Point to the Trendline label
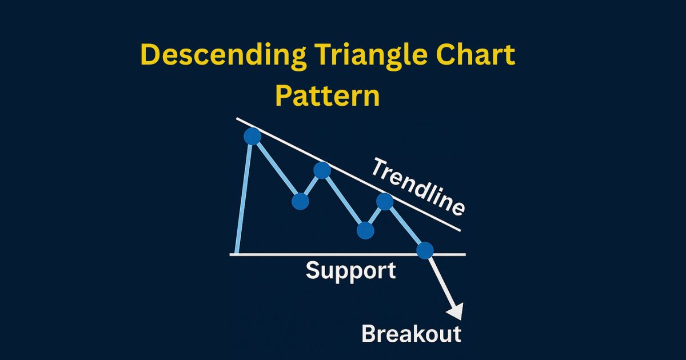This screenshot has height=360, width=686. (x=418, y=186)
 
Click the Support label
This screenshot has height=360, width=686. (x=350, y=271)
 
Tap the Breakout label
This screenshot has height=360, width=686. (x=411, y=333)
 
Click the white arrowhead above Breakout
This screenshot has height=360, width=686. (x=456, y=312)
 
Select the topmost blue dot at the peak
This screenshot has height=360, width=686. (x=253, y=136)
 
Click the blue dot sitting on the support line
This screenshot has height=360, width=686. (x=425, y=250)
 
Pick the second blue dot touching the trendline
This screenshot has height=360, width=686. (x=322, y=170)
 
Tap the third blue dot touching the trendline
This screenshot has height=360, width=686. (x=385, y=201)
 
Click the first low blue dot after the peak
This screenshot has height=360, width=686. (x=301, y=201)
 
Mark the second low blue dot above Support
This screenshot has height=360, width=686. (x=365, y=230)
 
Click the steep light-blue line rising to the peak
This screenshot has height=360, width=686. (x=244, y=199)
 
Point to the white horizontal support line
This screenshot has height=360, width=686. (x=348, y=254)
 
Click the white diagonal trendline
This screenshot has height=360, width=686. (x=348, y=174)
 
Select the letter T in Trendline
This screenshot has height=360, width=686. (x=380, y=167)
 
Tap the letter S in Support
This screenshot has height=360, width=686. (x=313, y=269)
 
